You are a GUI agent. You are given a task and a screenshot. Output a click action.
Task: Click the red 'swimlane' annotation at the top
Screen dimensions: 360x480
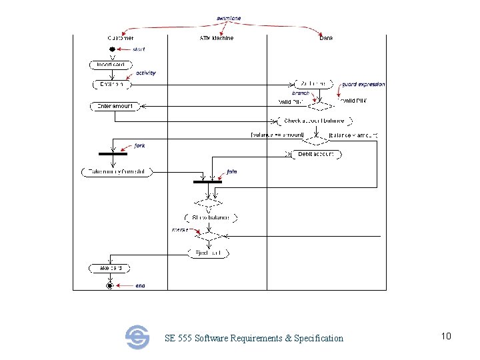point(229,18)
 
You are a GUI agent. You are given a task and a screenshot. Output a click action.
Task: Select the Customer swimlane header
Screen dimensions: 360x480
point(120,38)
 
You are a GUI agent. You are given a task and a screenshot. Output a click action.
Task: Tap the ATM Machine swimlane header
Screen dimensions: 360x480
point(216,38)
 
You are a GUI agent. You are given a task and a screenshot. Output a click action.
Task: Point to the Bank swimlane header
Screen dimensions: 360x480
point(326,38)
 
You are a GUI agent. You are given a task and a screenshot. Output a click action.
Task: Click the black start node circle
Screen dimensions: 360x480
point(113,49)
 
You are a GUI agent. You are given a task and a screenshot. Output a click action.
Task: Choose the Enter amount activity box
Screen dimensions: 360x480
point(115,107)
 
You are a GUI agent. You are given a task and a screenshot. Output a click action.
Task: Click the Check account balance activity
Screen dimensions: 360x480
point(314,121)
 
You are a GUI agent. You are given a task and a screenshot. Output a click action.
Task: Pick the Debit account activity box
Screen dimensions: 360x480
point(316,154)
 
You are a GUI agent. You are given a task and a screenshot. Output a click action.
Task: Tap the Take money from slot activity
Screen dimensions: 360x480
point(117,172)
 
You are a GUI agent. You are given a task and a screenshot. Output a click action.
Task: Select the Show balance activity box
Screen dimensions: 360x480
point(211,218)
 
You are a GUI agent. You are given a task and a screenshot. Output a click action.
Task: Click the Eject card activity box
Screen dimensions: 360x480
point(208,253)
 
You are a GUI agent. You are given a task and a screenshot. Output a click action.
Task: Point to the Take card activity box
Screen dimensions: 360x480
point(109,268)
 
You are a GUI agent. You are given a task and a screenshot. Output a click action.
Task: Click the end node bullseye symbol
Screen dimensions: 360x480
point(109,285)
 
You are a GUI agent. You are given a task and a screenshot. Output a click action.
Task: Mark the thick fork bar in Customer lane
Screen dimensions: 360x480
point(113,153)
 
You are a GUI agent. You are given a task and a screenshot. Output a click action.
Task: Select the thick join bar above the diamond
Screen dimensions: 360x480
point(207,181)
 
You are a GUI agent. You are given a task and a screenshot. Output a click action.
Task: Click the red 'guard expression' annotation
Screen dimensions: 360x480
point(363,85)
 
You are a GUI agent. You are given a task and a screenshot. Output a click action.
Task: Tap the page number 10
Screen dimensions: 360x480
point(446,336)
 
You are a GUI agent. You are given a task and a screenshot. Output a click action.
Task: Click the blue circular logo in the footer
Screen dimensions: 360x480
point(137,337)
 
